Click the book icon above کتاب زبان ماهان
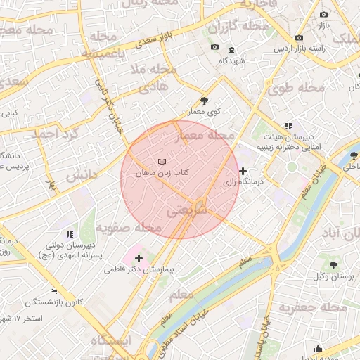pyautogui.click(x=162, y=161)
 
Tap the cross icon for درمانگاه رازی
pyautogui.click(x=243, y=171)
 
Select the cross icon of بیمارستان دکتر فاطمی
pyautogui.click(x=139, y=259)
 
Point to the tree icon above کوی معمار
pyautogui.click(x=204, y=101)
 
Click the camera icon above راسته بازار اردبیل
pyautogui.click(x=300, y=37)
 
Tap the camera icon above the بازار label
pyautogui.click(x=323, y=14)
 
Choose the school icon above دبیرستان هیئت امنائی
pyautogui.click(x=288, y=126)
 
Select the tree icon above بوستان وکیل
pyautogui.click(x=333, y=265)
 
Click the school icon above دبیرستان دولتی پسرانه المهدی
pyautogui.click(x=69, y=234)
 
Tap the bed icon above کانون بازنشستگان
pyautogui.click(x=53, y=291)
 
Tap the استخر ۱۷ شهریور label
pyautogui.click(x=28, y=319)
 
